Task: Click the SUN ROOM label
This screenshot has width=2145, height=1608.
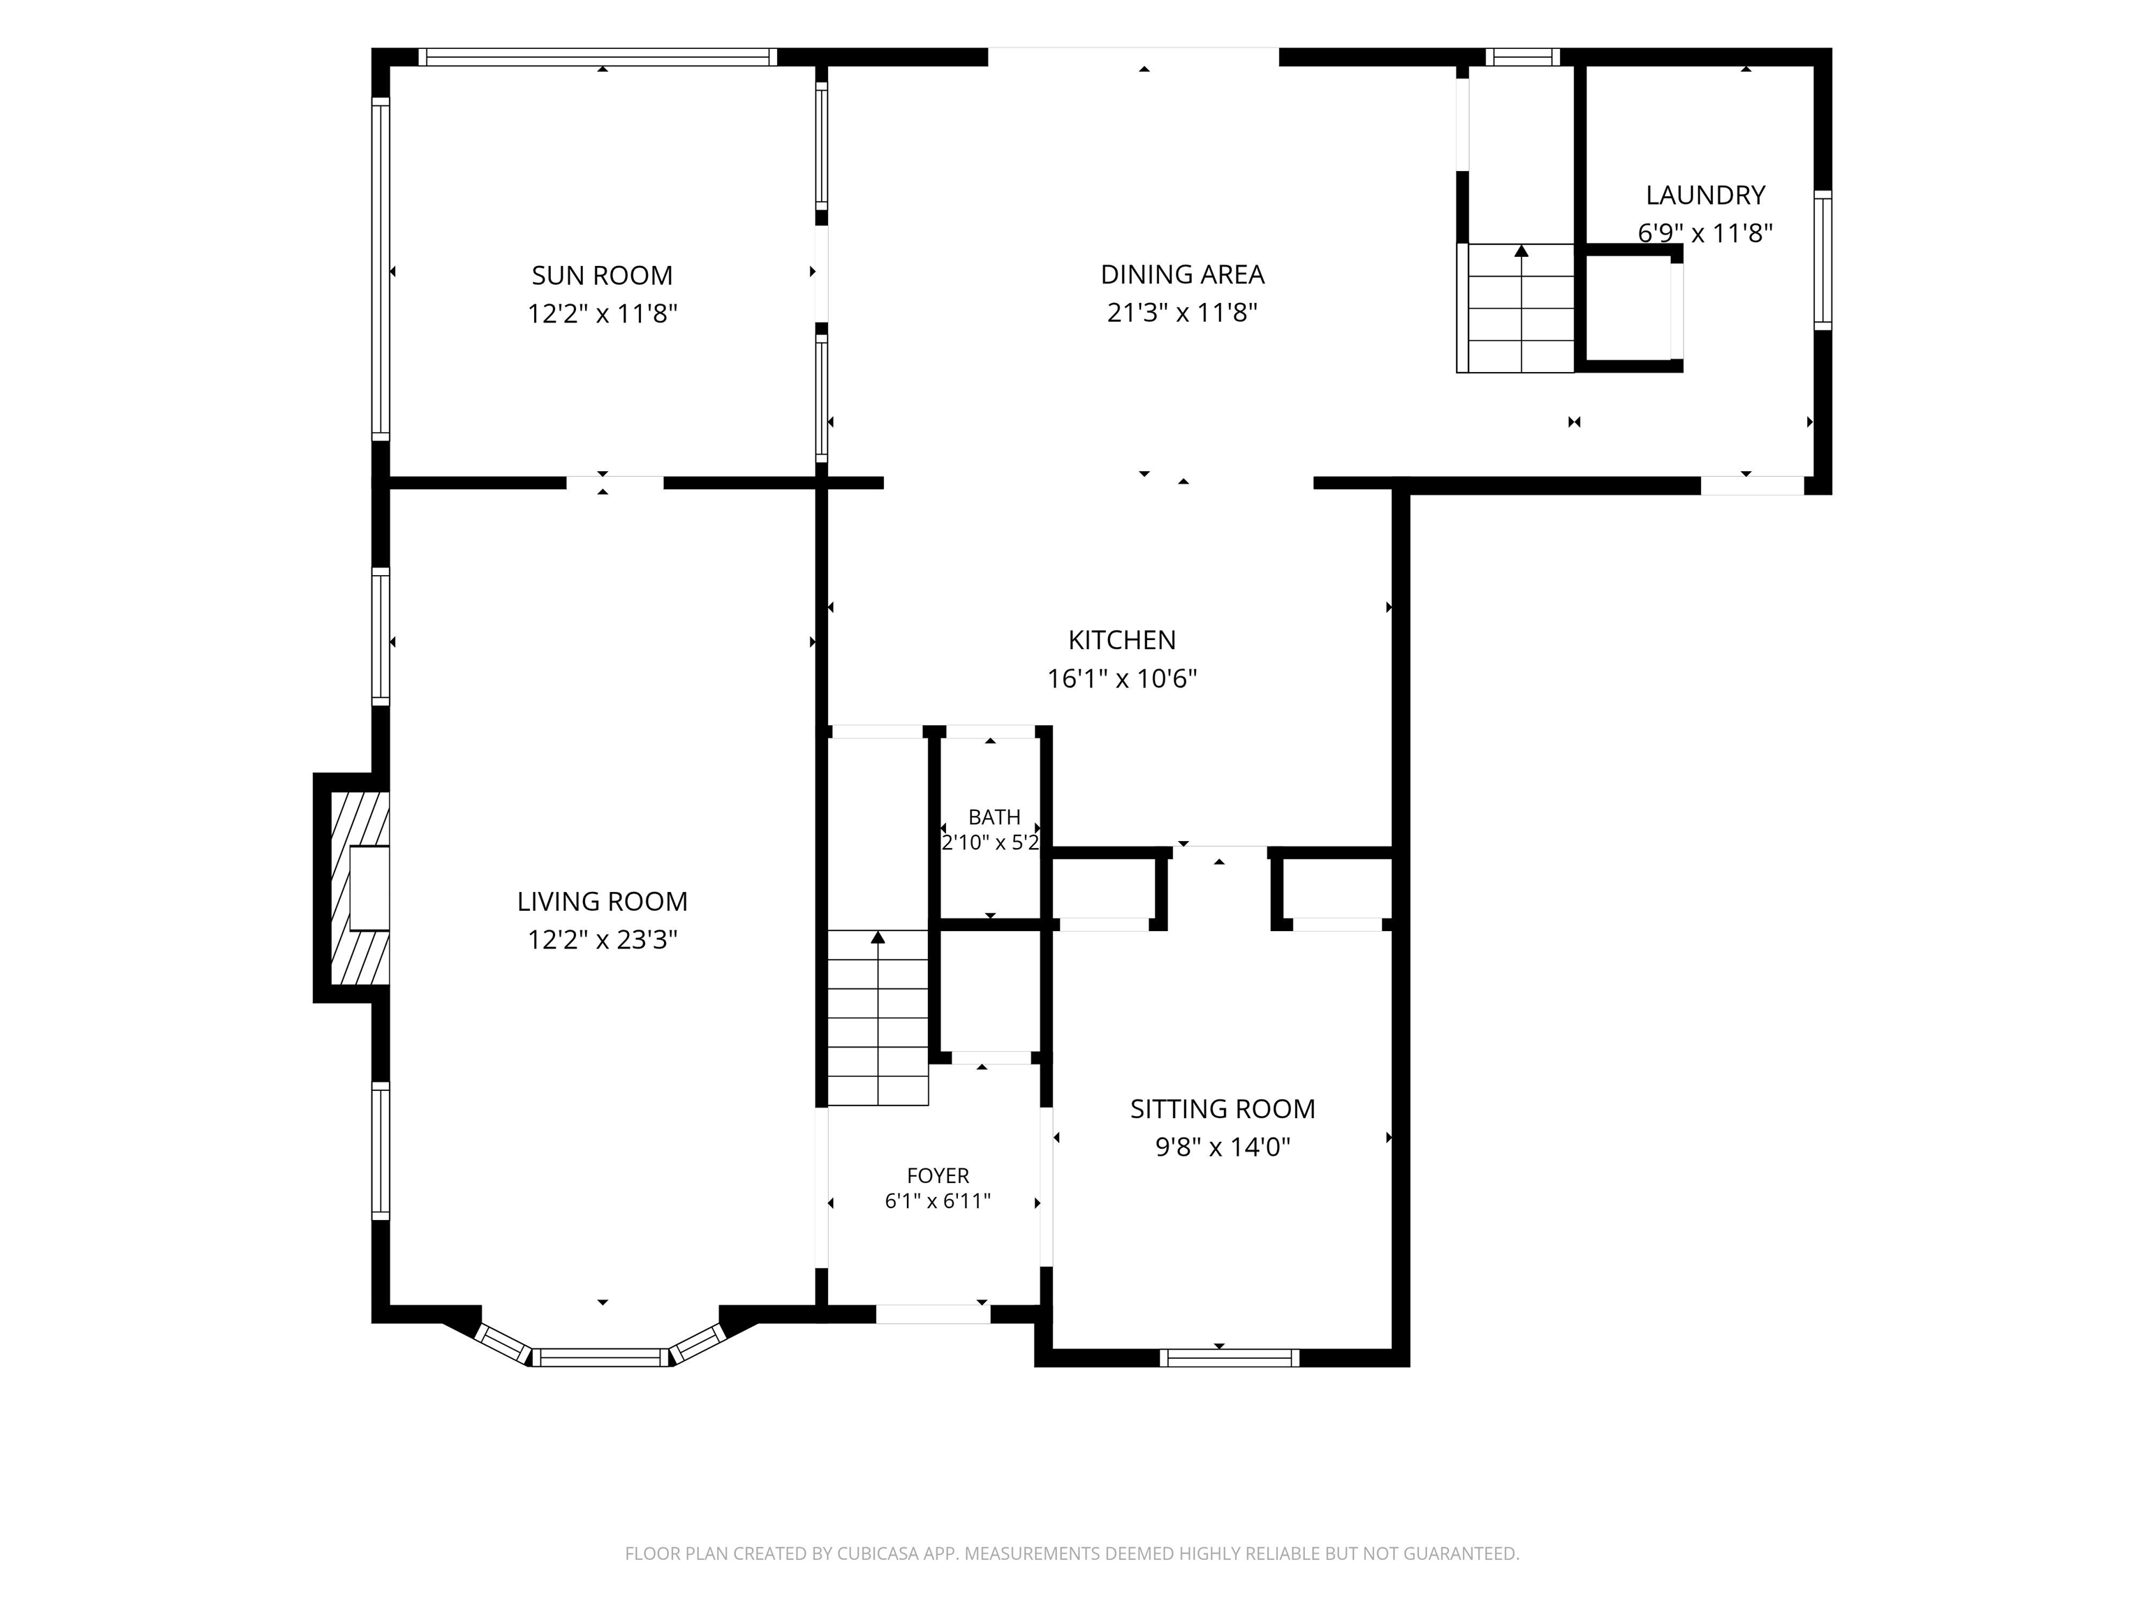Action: pyautogui.click(x=601, y=275)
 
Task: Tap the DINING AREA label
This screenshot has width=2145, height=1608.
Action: pyautogui.click(x=1182, y=274)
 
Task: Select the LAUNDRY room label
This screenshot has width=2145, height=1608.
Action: pyautogui.click(x=1704, y=195)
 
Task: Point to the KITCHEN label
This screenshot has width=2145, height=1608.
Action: pyautogui.click(x=1122, y=640)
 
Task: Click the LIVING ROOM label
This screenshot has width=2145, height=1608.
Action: pyautogui.click(x=602, y=902)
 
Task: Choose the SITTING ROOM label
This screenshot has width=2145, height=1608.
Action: pyautogui.click(x=1223, y=1109)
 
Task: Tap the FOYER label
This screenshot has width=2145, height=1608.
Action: pyautogui.click(x=938, y=1176)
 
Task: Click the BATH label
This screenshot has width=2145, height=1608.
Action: pyautogui.click(x=994, y=817)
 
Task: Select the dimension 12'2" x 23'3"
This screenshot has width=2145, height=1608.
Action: pyautogui.click(x=602, y=940)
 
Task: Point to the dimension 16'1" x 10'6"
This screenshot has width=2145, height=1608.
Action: pyautogui.click(x=1122, y=678)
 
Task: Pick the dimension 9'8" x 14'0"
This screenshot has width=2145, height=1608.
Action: pyautogui.click(x=1223, y=1147)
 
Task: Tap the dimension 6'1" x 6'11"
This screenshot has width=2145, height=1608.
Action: pyautogui.click(x=938, y=1201)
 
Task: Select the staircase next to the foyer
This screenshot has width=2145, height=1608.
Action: pyautogui.click(x=878, y=1018)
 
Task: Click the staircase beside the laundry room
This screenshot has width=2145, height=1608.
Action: pyautogui.click(x=1521, y=308)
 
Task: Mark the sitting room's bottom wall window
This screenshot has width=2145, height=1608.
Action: pyautogui.click(x=1230, y=1358)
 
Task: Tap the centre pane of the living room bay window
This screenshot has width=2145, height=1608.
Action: pyautogui.click(x=601, y=1357)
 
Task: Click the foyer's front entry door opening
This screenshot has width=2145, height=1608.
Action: pyautogui.click(x=933, y=1314)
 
